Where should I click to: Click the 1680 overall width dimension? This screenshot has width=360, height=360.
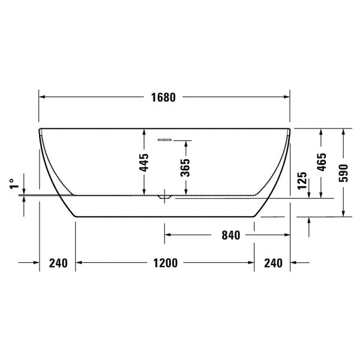tap(163, 97)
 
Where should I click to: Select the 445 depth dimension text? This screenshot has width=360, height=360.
tap(144, 162)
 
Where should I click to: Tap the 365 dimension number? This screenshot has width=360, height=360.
tap(185, 166)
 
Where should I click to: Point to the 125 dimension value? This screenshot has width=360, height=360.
tap(302, 181)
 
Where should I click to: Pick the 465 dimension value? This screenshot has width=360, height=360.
tap(322, 163)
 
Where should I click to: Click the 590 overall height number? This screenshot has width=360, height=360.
tap(343, 172)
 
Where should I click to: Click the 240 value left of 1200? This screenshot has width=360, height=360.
tap(58, 263)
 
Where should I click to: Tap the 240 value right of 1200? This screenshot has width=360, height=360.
tap(272, 263)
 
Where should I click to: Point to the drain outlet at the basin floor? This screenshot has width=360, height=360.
tap(164, 196)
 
